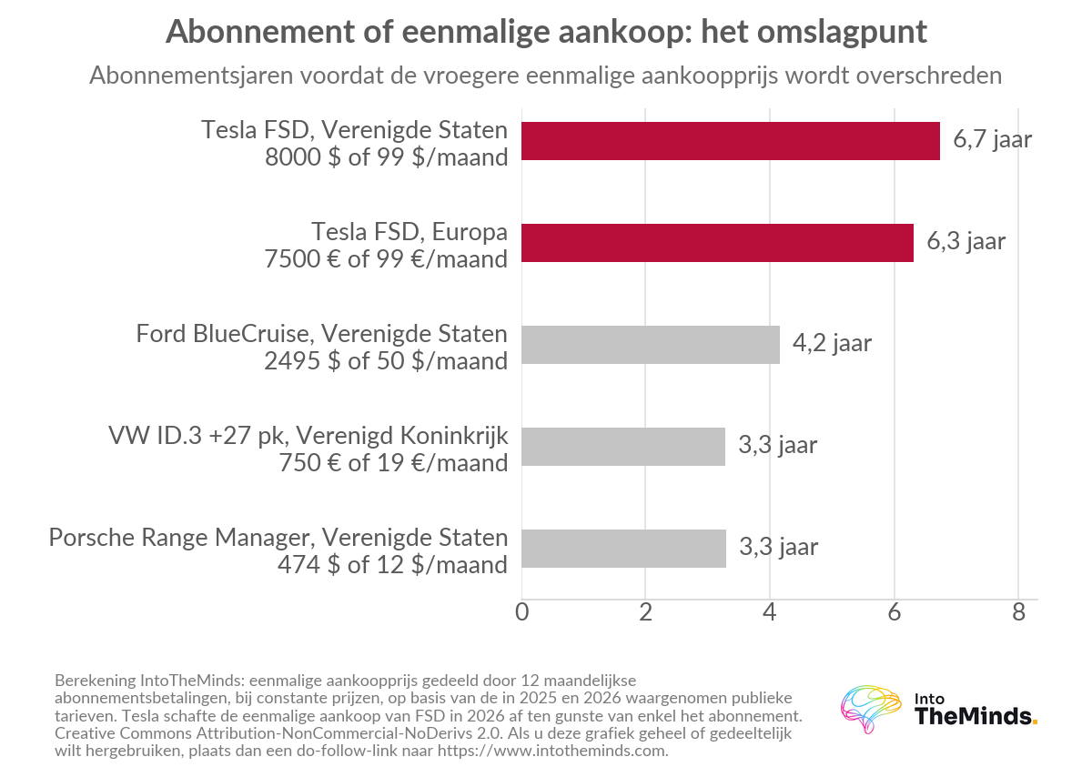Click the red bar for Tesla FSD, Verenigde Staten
pyautogui.click(x=730, y=141)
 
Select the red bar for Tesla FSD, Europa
pyautogui.click(x=717, y=243)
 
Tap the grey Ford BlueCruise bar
pyautogui.click(x=651, y=345)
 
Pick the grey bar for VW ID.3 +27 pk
pyautogui.click(x=623, y=447)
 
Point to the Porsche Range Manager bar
pyautogui.click(x=623, y=549)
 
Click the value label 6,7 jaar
pyautogui.click(x=992, y=140)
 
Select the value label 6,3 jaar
pyautogui.click(x=966, y=242)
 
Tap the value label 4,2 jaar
pyautogui.click(x=832, y=344)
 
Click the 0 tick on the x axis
pyautogui.click(x=521, y=611)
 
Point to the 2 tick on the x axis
pyautogui.click(x=645, y=611)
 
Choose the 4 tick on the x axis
pyautogui.click(x=770, y=611)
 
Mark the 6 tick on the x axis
pyautogui.click(x=894, y=611)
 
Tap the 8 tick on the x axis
pyautogui.click(x=1018, y=611)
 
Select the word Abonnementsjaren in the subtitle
pyautogui.click(x=191, y=76)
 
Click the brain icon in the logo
pyautogui.click(x=870, y=709)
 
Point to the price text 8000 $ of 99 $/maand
pyautogui.click(x=386, y=157)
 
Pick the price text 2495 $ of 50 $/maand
pyautogui.click(x=386, y=361)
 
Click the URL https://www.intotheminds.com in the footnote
pyautogui.click(x=551, y=751)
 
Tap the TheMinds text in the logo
pyautogui.click(x=973, y=716)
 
